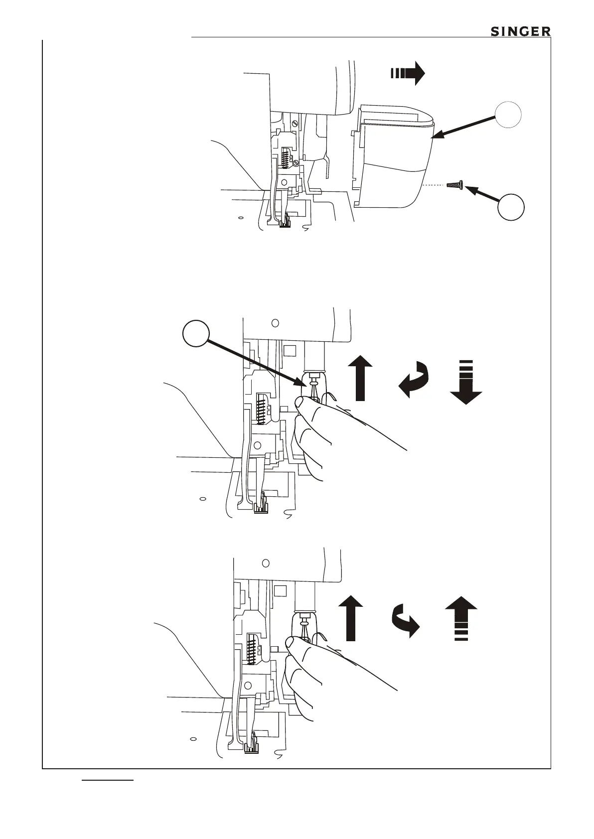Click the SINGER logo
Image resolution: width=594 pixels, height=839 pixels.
pyautogui.click(x=521, y=31)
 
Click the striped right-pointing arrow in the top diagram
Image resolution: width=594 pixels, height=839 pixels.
pyautogui.click(x=407, y=73)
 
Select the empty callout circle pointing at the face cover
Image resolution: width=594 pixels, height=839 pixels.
pyautogui.click(x=508, y=115)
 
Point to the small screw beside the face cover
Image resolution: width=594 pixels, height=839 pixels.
pyautogui.click(x=455, y=185)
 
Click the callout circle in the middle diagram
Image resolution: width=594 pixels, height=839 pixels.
pyautogui.click(x=195, y=333)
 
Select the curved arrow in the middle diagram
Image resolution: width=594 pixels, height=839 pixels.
pyautogui.click(x=414, y=380)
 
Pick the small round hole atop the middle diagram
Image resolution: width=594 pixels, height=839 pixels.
pyautogui.click(x=275, y=322)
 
